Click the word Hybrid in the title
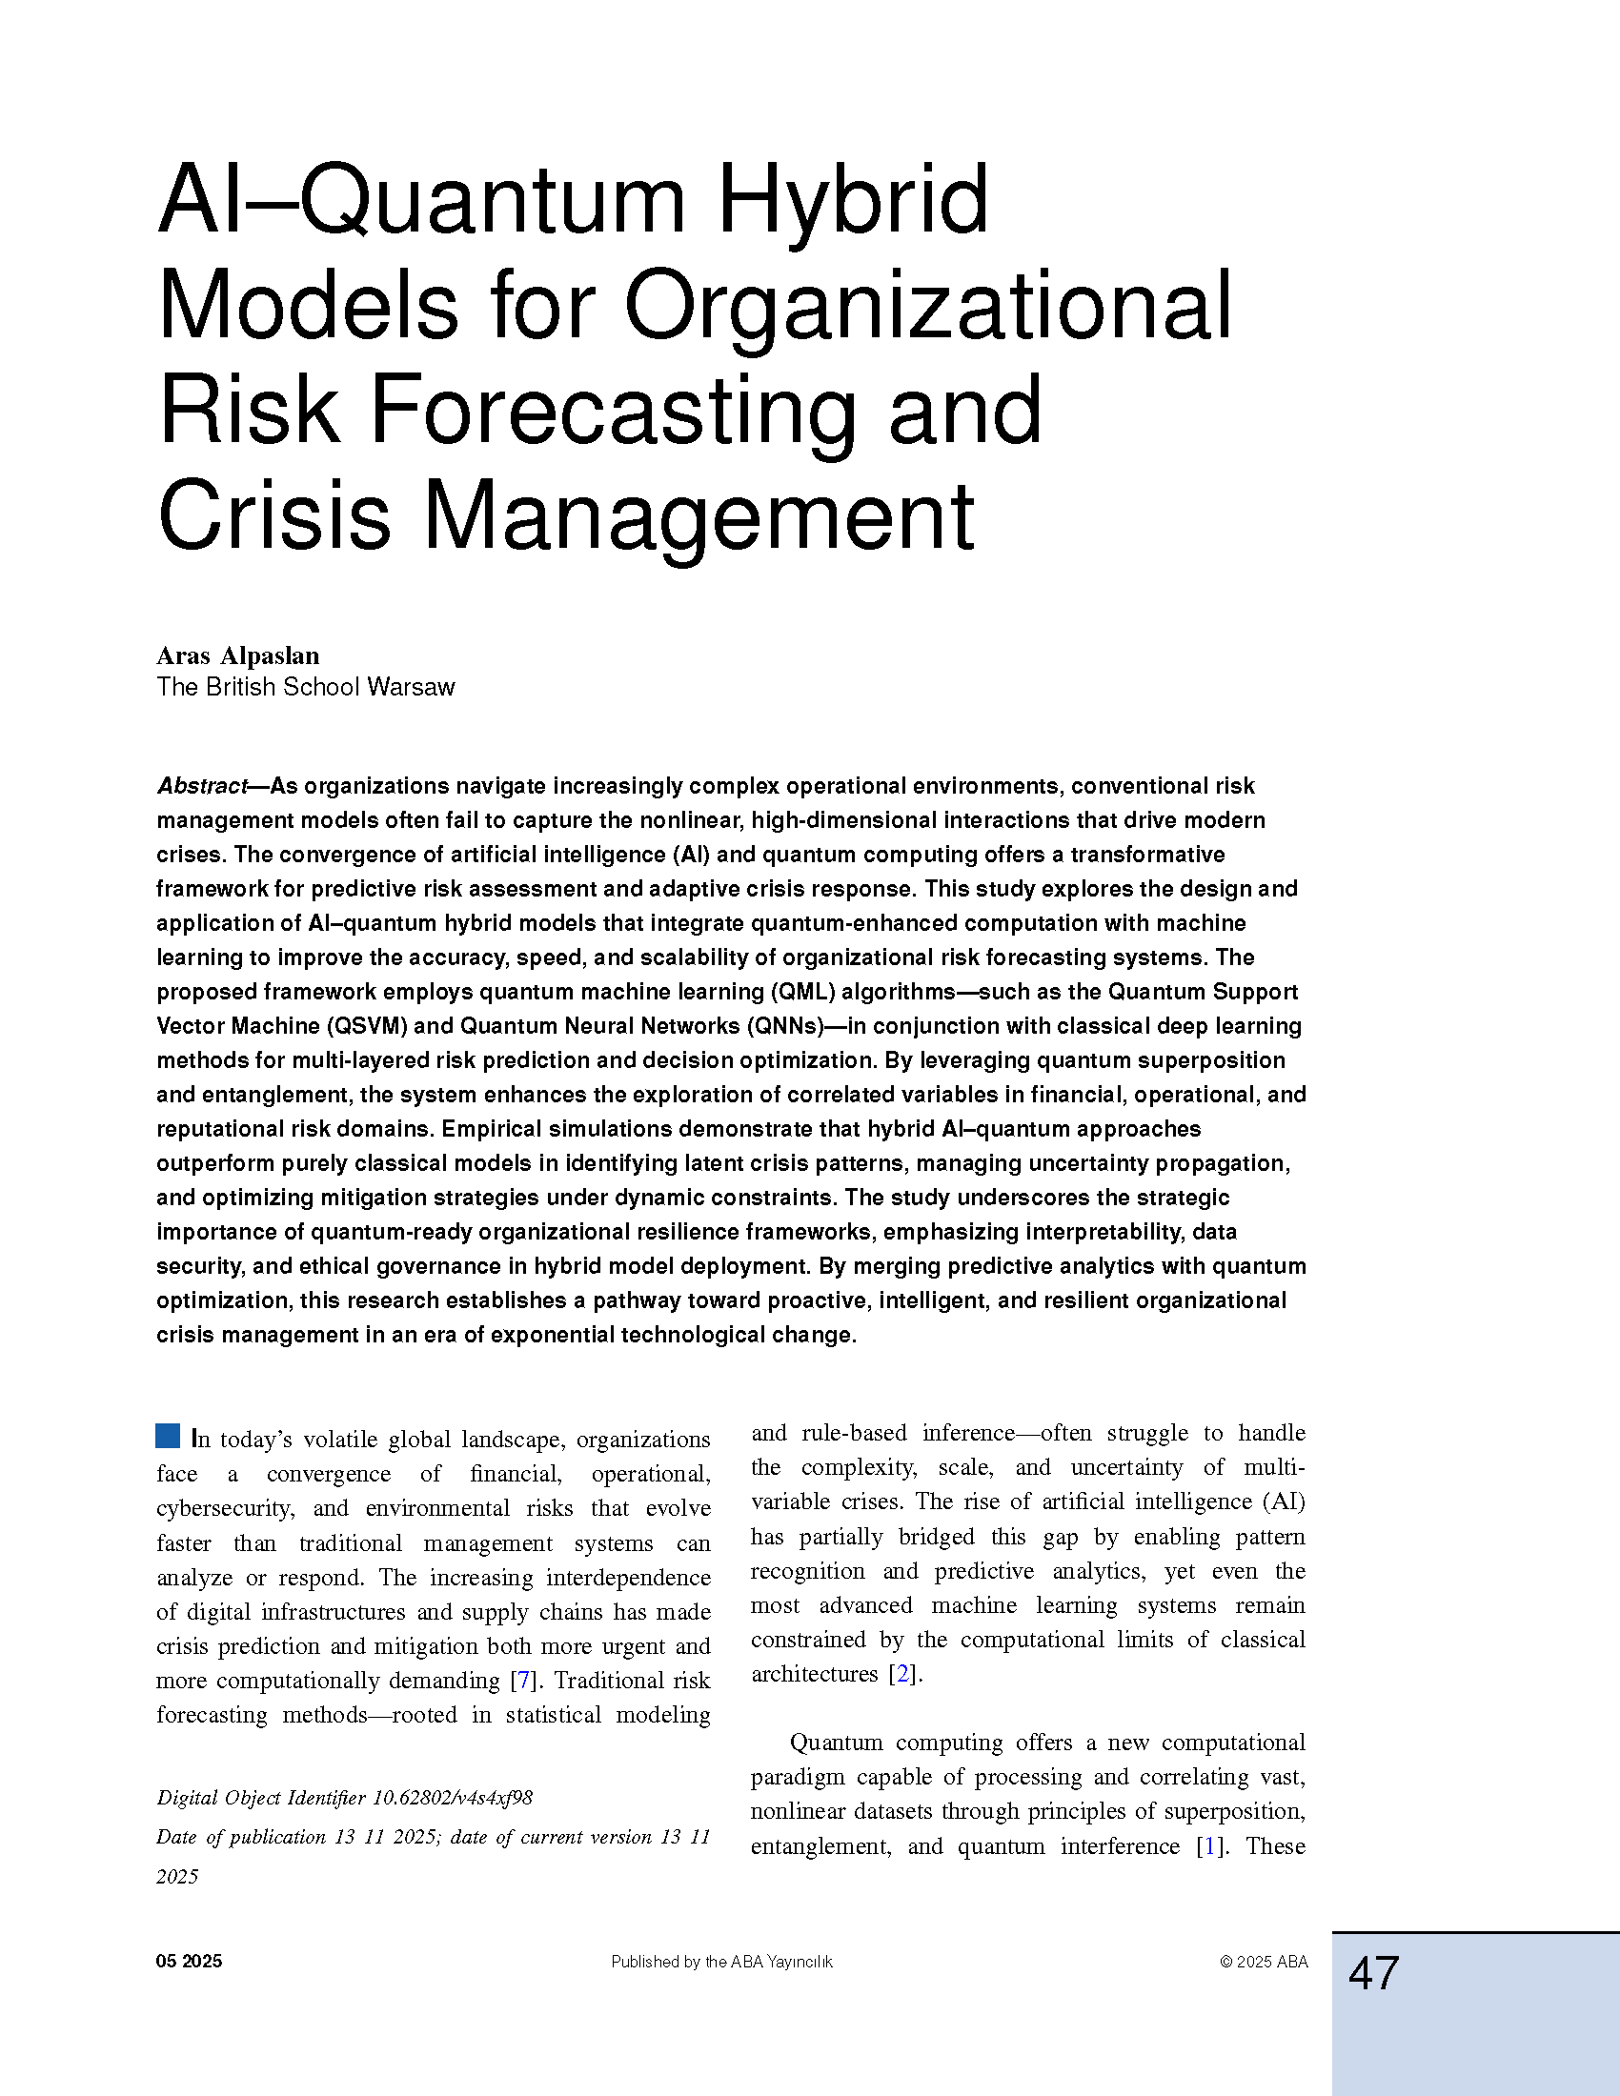coord(853,202)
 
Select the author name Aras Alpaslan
coord(238,655)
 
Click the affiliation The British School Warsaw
coord(305,687)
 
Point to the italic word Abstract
coord(202,786)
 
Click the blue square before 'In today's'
coord(168,1437)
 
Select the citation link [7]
coord(523,1681)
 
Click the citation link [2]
coord(901,1674)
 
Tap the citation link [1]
coord(1210,1845)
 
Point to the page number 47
coord(1373,1975)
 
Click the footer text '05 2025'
coord(189,1962)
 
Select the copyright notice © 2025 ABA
coord(1263,1962)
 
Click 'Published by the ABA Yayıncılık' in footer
coord(721,1962)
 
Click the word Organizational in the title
coord(928,306)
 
